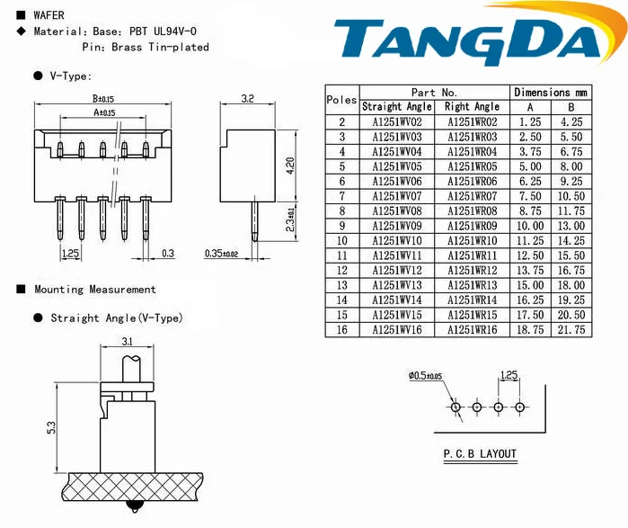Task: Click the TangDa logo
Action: (476, 37)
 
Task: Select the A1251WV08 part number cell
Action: (397, 210)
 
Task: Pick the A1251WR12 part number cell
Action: (473, 270)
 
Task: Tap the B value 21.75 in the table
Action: (571, 329)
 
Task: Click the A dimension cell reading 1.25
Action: (530, 121)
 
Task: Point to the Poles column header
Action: (341, 100)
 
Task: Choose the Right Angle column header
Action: (473, 107)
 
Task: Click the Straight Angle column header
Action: (397, 107)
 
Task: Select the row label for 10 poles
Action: (341, 240)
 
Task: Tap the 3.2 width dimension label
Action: (247, 99)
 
